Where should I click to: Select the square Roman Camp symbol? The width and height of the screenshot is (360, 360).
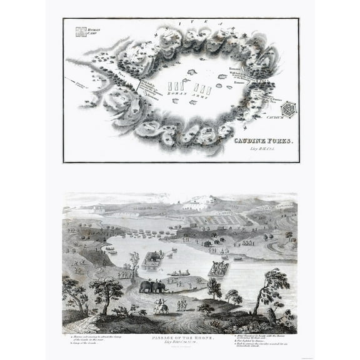tap(79, 32)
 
